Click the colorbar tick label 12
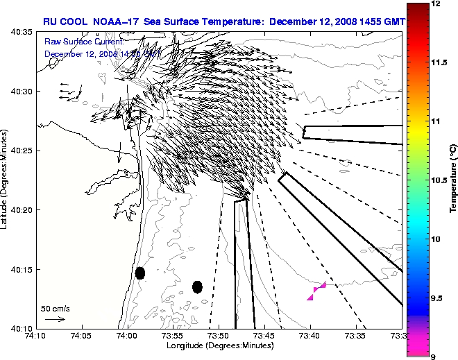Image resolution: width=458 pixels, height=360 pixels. (x=436, y=4)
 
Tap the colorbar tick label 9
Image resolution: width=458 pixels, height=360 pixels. (x=433, y=357)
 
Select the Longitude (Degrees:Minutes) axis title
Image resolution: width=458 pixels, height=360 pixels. (x=214, y=345)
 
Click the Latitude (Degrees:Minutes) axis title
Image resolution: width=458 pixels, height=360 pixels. (x=6, y=179)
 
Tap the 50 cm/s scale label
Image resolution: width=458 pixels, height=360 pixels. (x=55, y=308)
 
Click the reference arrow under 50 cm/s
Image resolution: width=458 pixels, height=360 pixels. (x=55, y=319)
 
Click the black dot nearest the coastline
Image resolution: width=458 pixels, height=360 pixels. (x=140, y=273)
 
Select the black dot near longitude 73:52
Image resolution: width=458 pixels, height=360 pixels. (x=197, y=286)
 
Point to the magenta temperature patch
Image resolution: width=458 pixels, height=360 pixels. (x=316, y=291)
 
